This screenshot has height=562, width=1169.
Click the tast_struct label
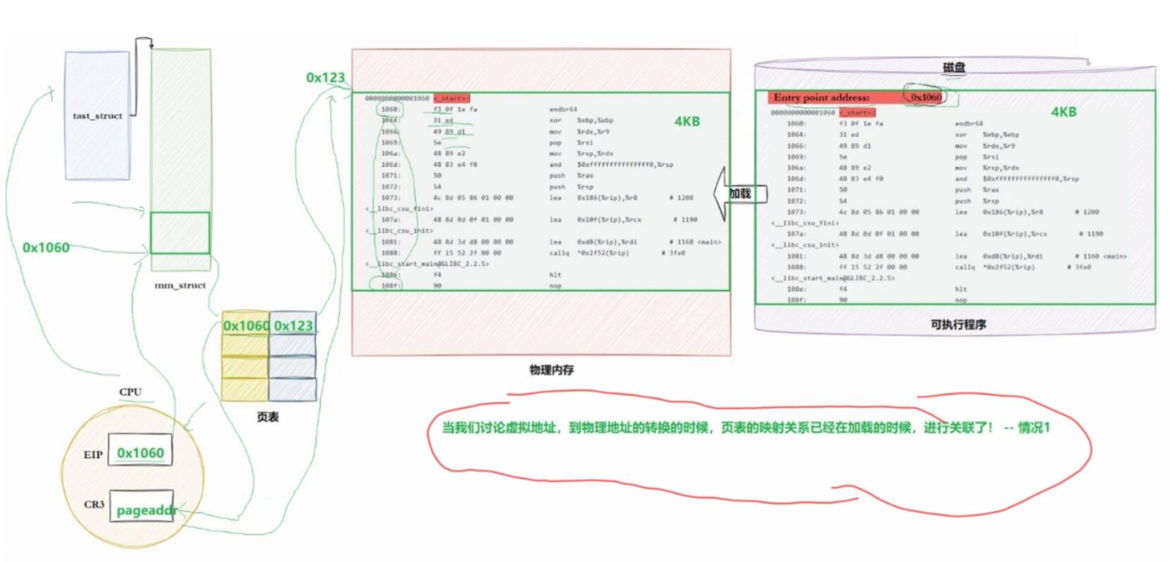click(x=98, y=116)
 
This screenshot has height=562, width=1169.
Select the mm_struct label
click(x=180, y=285)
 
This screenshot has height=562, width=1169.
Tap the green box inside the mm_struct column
click(x=180, y=233)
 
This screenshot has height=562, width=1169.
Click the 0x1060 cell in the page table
click(x=245, y=325)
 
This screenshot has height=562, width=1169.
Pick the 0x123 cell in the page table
click(x=293, y=325)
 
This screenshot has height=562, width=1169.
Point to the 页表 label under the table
click(x=267, y=417)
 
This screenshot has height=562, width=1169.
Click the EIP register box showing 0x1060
click(x=141, y=453)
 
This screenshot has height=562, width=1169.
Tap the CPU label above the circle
click(x=130, y=392)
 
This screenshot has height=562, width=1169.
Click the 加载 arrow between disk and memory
click(x=736, y=193)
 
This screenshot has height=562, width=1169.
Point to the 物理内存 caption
click(x=552, y=370)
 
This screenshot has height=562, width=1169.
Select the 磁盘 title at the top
click(x=954, y=67)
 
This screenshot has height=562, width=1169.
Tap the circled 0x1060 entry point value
click(x=925, y=97)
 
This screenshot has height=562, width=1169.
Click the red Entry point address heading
click(x=822, y=98)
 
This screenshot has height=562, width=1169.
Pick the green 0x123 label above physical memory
click(x=326, y=78)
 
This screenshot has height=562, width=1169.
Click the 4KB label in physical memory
click(x=687, y=122)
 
